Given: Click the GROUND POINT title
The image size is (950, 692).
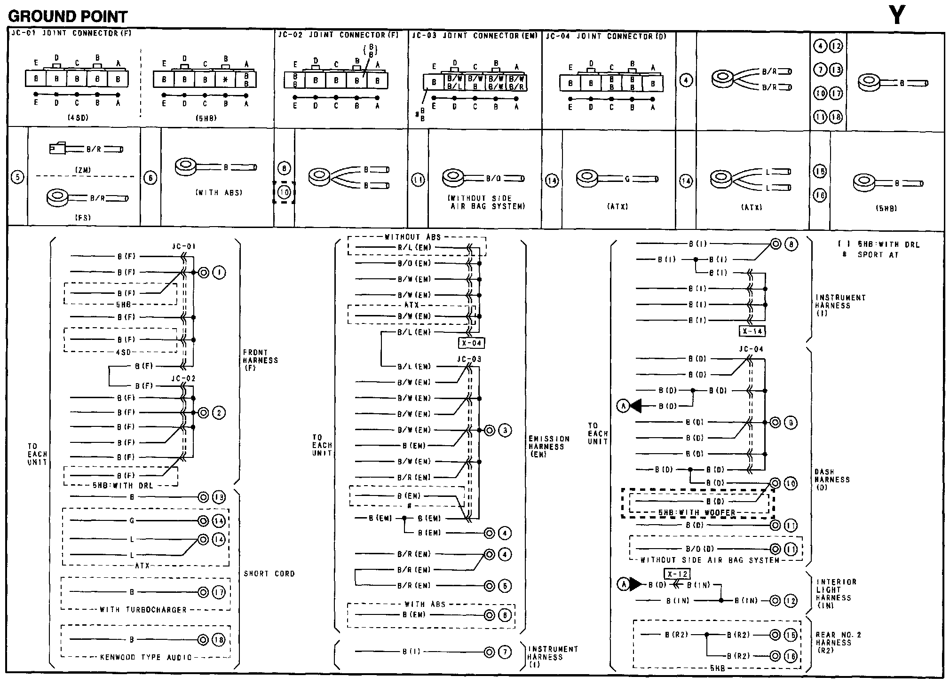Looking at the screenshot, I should (68, 17).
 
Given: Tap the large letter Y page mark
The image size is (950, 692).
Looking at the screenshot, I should (897, 16).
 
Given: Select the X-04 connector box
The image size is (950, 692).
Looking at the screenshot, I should (471, 343).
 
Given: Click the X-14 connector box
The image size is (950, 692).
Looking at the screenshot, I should (752, 331).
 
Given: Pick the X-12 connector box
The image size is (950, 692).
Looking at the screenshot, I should (677, 574).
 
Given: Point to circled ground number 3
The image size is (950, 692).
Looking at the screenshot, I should (505, 430).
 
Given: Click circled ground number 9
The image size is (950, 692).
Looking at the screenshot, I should (791, 423).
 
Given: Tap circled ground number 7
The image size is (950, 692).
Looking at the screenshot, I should (505, 652).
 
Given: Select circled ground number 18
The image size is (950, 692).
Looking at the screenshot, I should (219, 639).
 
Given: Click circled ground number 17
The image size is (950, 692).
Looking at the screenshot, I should (219, 592).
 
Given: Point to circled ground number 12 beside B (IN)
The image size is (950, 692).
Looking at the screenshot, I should (791, 600).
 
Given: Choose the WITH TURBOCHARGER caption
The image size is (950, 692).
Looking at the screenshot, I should (143, 610).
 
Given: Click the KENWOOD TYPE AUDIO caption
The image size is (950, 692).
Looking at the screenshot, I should (146, 657).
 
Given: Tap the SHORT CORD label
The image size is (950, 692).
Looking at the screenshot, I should (269, 574).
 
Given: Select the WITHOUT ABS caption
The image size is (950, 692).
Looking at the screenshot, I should (412, 237).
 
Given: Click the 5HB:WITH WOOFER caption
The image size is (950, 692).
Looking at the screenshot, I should (697, 512).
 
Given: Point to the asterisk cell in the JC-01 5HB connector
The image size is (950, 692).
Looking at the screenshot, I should (225, 80).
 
